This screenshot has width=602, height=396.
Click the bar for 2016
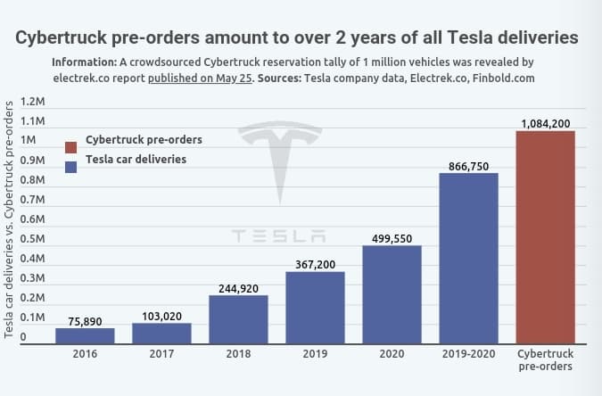point(85,335)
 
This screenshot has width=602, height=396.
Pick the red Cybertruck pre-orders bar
point(545,237)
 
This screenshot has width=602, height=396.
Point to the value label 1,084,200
point(545,123)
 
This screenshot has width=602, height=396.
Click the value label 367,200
point(315,264)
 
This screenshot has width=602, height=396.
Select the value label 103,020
point(161,316)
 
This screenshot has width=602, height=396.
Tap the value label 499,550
point(392,238)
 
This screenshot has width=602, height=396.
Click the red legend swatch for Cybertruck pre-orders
point(71,146)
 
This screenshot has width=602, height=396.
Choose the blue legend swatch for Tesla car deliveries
point(71,166)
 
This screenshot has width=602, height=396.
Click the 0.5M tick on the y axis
point(33,239)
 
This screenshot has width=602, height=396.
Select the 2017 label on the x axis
point(161,354)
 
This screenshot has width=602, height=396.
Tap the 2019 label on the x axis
point(315,354)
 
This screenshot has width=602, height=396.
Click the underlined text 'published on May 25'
point(201,78)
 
